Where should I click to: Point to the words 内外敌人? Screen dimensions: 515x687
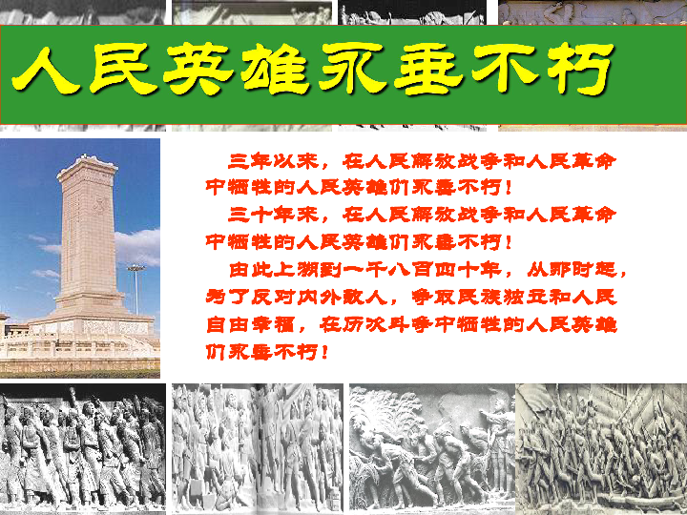pos(370,297)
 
